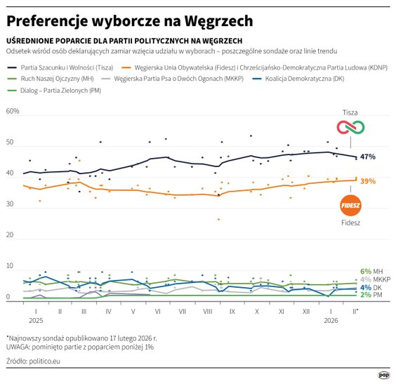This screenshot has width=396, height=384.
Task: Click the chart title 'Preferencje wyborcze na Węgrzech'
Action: [130, 20]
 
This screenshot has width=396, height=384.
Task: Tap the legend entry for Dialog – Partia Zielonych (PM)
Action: [56, 91]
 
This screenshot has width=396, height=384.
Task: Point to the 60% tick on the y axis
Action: [13, 112]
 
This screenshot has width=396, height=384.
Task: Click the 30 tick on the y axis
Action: [9, 204]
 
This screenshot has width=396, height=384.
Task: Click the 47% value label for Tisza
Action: [368, 157]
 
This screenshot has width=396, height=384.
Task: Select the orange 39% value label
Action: [368, 181]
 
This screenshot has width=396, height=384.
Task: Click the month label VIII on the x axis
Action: [207, 310]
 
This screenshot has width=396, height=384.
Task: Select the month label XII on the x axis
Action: [305, 310]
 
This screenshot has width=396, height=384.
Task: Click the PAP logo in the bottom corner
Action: [384, 374]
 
